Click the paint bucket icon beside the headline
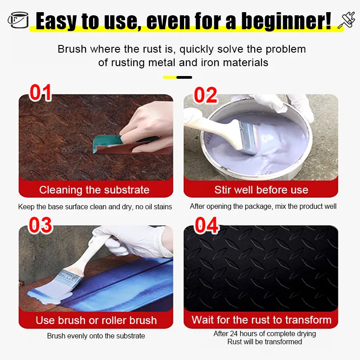(x=18, y=20)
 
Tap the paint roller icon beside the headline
(x=346, y=20)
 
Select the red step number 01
(x=40, y=92)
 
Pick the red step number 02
(x=206, y=95)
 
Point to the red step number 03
(x=40, y=225)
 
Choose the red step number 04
(x=207, y=225)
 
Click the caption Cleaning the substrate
(x=94, y=190)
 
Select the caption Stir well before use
(x=261, y=190)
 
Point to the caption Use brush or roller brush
(x=96, y=320)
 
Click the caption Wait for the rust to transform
(x=261, y=320)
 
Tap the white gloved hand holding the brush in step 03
(x=133, y=241)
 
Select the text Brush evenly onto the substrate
(x=96, y=336)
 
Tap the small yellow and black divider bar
(x=177, y=77)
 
